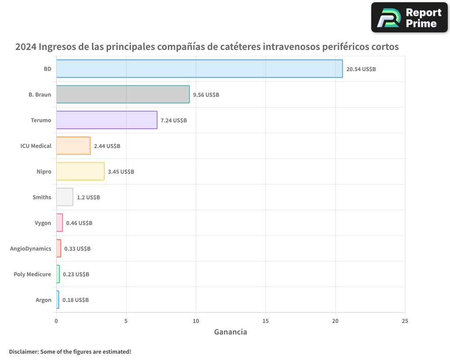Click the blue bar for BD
199,69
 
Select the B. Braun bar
123,94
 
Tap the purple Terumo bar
107,120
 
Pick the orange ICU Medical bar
73,146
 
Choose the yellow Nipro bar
80,171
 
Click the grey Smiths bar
65,197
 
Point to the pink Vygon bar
59,223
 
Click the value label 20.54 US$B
361,69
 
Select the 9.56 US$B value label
206,95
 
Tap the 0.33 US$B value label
77,249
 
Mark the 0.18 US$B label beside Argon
76,300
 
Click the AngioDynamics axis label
31,249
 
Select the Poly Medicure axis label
32,274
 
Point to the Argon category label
43,300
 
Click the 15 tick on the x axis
265,321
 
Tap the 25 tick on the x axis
405,321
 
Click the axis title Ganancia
230,332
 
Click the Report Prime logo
409,18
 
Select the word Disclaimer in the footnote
23,351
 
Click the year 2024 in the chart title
26,47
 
